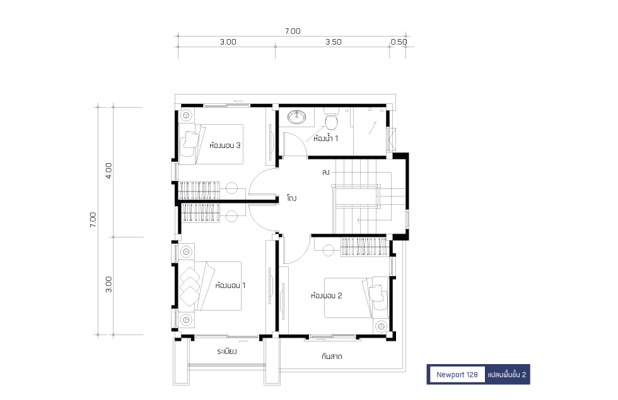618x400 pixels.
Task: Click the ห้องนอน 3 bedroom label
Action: [224, 146]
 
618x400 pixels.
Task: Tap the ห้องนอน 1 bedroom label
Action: [230, 285]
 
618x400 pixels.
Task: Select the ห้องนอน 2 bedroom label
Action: [327, 295]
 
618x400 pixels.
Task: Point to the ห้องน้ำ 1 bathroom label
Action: [325, 138]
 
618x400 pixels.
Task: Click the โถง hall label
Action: [291, 198]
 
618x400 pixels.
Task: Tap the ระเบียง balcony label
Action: [226, 351]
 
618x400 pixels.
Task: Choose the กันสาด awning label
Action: [332, 357]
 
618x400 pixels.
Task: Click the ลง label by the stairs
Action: [325, 172]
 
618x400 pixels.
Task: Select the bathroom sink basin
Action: [297, 117]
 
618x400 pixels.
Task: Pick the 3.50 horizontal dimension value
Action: [334, 42]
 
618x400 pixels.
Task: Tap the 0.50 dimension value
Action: [399, 42]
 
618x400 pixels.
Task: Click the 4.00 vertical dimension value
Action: [108, 171]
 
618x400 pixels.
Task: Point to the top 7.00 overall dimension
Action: [293, 31]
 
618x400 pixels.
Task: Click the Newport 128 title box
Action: [457, 374]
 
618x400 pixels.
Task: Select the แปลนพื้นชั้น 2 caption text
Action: [507, 374]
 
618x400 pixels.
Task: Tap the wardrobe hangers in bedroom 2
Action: [363, 247]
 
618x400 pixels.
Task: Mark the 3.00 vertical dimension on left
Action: [108, 284]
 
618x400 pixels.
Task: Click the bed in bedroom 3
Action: [211, 144]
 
